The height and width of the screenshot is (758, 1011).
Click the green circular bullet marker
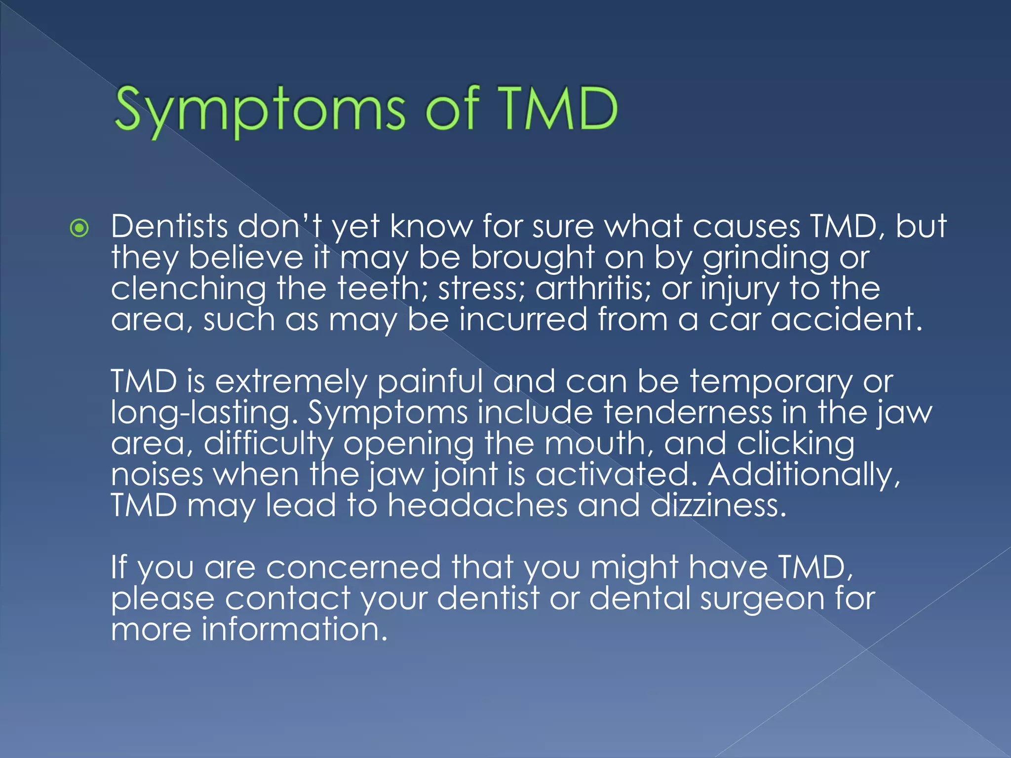[79, 228]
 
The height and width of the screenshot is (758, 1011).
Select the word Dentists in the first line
[169, 227]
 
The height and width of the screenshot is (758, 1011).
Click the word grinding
[766, 259]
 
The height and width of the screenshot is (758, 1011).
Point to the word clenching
[188, 289]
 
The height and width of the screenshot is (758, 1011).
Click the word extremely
[291, 382]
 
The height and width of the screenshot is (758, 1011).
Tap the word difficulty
[269, 444]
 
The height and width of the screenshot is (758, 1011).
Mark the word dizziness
[718, 505]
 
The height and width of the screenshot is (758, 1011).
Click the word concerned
[353, 567]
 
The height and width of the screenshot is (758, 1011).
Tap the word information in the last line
[294, 630]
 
